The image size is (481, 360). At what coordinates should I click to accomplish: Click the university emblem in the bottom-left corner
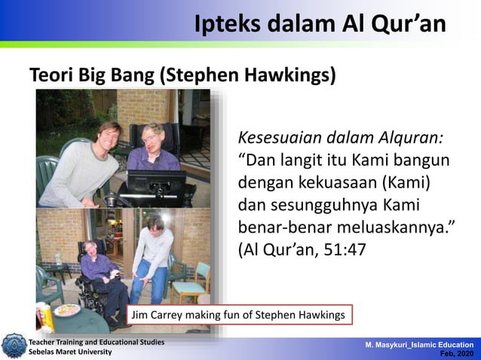(x=13, y=346)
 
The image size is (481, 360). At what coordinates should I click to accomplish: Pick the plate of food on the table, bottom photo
(x=66, y=310)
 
